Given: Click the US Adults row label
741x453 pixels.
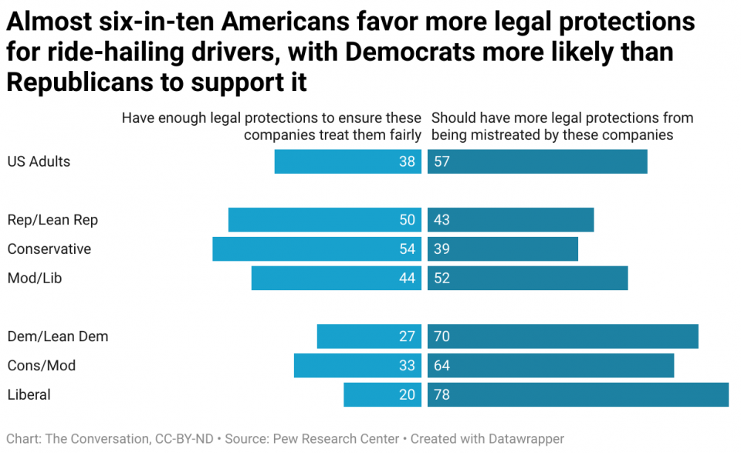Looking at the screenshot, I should tap(39, 161).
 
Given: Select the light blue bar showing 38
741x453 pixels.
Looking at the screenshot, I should tap(347, 161).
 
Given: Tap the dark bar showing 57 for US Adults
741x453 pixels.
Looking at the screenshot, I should tap(537, 161).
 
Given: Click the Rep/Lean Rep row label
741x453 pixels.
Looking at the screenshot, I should tap(52, 220).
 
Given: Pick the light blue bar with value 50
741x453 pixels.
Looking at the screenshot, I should tap(324, 220).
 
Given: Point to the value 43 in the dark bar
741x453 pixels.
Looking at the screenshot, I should tap(442, 220).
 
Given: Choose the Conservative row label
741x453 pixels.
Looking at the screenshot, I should tap(49, 249).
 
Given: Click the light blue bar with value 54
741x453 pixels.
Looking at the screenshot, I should tap(316, 249).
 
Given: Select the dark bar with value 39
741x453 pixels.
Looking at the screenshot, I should tap(502, 249).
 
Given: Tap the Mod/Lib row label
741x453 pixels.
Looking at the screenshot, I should tap(34, 279).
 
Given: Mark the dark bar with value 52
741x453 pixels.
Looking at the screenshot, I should tap(527, 279).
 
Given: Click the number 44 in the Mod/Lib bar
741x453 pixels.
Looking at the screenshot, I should tap(408, 279).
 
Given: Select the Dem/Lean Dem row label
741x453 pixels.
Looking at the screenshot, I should tap(58, 336).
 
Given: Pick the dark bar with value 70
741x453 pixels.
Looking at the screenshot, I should tap(563, 336).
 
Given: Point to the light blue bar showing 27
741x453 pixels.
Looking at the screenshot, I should tap(369, 336).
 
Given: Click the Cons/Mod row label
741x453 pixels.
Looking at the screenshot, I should tap(42, 366).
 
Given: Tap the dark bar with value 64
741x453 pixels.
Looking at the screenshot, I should tap(550, 366).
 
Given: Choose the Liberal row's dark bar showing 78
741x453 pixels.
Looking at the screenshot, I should tap(577, 394).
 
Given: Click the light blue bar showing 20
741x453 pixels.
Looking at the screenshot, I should tap(382, 394).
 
